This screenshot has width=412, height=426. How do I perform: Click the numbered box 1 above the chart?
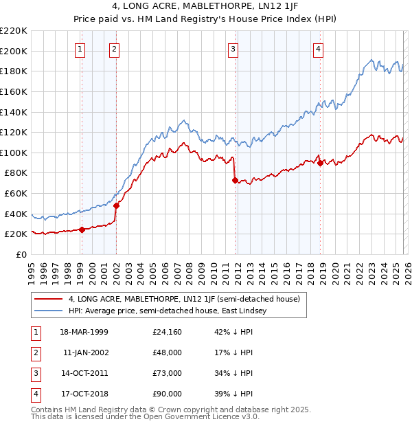pos(81,49)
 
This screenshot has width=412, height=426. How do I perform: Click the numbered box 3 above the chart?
pos(233,49)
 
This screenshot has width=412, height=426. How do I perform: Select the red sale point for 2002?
pos(116,205)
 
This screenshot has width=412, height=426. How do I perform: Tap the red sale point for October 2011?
pos(235,180)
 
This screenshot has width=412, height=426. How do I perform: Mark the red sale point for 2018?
pos(320,163)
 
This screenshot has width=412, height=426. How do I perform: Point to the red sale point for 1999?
pos(82,229)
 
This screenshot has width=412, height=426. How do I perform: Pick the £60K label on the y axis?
pos(16,194)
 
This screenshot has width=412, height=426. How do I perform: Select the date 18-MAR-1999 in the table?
pos(84,333)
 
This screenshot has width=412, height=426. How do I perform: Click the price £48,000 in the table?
pos(168,353)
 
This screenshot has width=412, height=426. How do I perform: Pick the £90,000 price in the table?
pos(168,394)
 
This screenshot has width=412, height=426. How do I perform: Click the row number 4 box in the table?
pos(36,394)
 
